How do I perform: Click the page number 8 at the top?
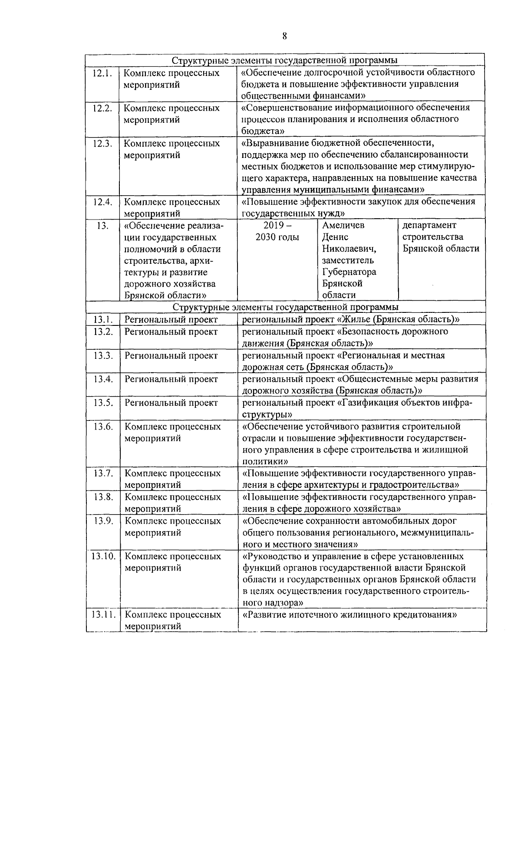(x=284, y=36)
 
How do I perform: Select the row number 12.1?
(x=102, y=73)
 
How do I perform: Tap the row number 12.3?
(x=102, y=143)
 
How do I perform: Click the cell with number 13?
(x=102, y=225)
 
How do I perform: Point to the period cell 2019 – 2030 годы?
(x=277, y=231)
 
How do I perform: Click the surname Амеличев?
(x=343, y=225)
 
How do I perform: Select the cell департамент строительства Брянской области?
(x=441, y=237)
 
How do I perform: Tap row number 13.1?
(x=103, y=320)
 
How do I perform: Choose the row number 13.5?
(x=103, y=403)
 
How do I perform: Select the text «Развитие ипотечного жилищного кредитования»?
(x=350, y=615)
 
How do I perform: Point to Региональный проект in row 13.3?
(x=171, y=355)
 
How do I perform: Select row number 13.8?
(x=103, y=497)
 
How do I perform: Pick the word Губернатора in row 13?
(x=349, y=272)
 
